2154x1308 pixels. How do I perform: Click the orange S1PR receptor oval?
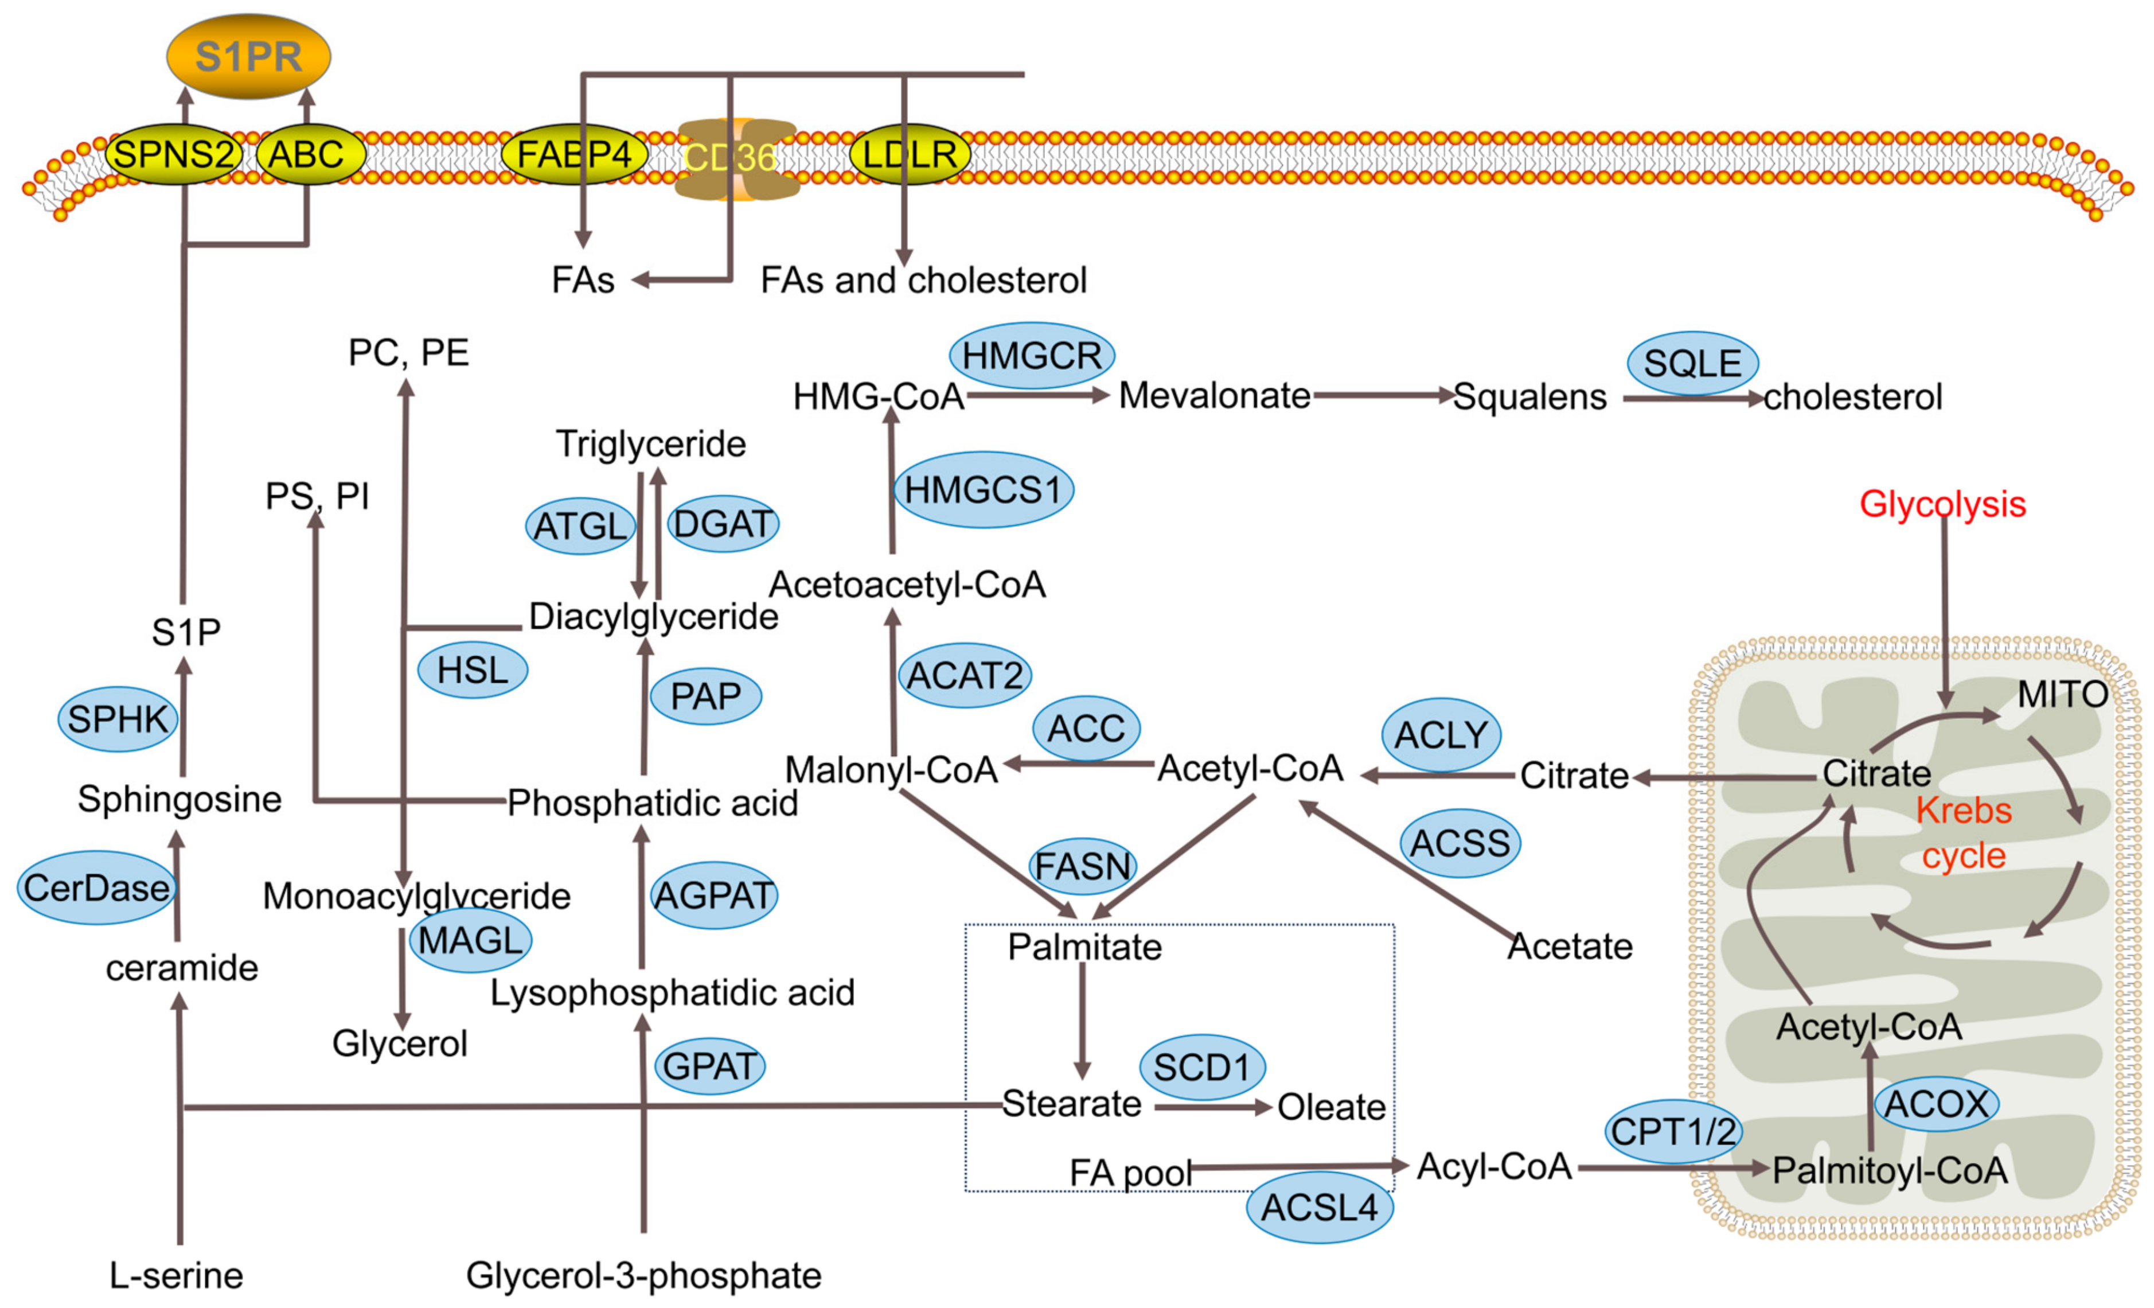click(248, 56)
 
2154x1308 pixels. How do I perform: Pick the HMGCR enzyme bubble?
click(1032, 356)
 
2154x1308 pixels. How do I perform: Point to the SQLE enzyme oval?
click(1692, 363)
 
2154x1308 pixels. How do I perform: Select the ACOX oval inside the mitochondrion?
click(1937, 1103)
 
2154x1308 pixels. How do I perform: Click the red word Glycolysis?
click(1942, 504)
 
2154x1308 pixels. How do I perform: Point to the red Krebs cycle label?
click(1964, 832)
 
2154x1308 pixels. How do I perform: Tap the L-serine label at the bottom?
click(175, 1276)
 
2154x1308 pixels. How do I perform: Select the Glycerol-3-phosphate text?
click(643, 1276)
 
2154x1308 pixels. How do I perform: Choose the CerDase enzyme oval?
click(96, 887)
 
